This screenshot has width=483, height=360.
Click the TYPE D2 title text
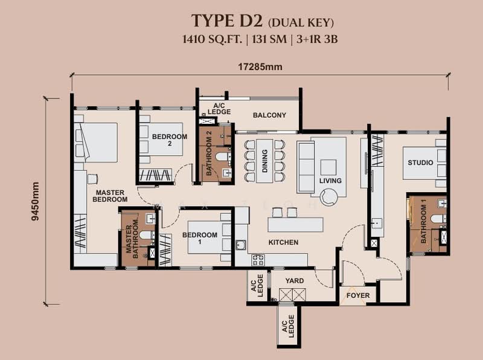[227, 21]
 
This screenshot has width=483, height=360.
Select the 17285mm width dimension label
[260, 66]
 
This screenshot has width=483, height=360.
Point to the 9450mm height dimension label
[36, 201]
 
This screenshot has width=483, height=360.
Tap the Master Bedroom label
[110, 196]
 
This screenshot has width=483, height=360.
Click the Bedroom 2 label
[170, 140]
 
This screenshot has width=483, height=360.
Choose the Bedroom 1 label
[200, 238]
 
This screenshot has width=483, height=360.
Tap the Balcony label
[269, 115]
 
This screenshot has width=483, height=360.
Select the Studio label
[420, 162]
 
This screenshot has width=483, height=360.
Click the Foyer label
[358, 295]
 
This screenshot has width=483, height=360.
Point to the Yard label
[295, 281]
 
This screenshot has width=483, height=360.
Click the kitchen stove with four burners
[258, 260]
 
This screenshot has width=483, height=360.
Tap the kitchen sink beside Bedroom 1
[241, 245]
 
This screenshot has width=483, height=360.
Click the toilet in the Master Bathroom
[147, 235]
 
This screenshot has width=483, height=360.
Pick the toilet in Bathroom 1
[438, 219]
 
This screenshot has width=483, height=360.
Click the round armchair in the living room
[328, 197]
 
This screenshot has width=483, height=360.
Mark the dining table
[264, 161]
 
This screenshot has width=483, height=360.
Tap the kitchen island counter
[295, 224]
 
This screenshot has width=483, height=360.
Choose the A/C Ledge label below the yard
[288, 326]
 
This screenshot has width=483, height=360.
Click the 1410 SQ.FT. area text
[213, 39]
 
